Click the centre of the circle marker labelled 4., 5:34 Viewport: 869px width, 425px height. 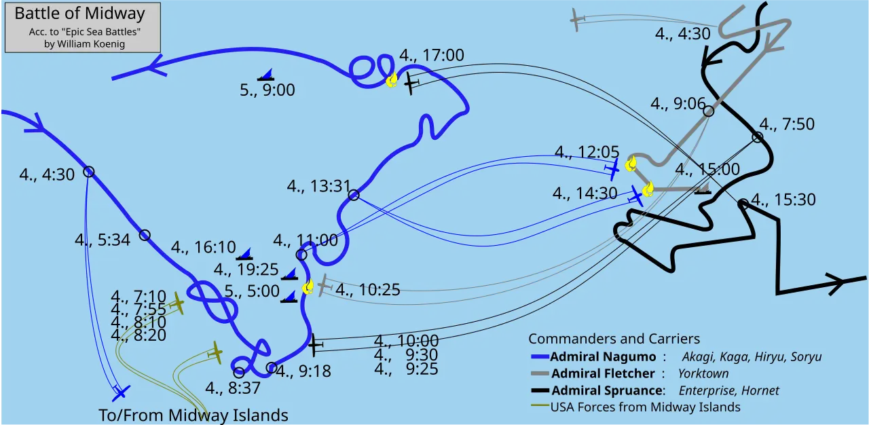click(145, 235)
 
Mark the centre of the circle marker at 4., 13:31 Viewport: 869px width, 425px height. click(354, 195)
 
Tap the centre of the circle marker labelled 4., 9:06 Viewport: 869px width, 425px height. click(708, 111)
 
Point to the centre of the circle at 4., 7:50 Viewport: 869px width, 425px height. click(757, 137)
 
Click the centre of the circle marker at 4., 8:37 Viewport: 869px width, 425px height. click(239, 373)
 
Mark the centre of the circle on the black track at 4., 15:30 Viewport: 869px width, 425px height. click(743, 204)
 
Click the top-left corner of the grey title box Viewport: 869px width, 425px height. click(5, 3)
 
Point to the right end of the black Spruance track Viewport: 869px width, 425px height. click(866, 278)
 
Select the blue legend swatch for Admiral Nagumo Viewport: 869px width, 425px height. click(540, 356)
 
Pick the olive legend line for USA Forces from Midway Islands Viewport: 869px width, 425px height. click(540, 405)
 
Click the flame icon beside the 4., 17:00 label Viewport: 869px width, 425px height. click(392, 80)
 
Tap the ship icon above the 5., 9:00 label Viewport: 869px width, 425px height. click(266, 75)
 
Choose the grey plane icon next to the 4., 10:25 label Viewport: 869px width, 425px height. click(324, 286)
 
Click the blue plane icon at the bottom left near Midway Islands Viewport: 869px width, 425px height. click(121, 392)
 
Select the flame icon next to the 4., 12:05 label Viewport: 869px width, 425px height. click(631, 164)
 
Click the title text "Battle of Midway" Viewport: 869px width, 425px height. click(80, 13)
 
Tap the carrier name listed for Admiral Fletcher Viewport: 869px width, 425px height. click(703, 373)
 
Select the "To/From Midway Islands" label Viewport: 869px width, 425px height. click(193, 415)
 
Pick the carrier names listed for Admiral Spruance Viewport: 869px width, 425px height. click(728, 390)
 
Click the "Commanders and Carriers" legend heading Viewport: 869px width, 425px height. click(614, 339)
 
